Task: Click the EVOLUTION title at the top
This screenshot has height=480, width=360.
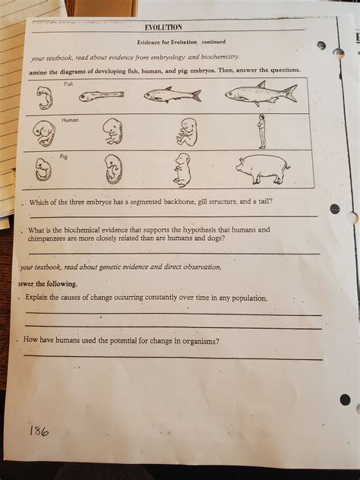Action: click(163, 27)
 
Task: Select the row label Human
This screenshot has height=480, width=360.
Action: click(70, 120)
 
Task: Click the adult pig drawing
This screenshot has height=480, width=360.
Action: click(262, 169)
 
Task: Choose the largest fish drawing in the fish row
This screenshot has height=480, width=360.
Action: click(261, 93)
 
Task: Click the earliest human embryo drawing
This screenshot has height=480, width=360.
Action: click(44, 134)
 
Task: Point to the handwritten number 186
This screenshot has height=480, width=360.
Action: click(39, 431)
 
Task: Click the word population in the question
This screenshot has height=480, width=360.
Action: click(245, 298)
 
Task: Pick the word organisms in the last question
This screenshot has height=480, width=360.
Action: click(198, 341)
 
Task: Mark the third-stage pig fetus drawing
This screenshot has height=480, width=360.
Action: click(182, 169)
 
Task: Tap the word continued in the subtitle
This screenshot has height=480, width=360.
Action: click(213, 42)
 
